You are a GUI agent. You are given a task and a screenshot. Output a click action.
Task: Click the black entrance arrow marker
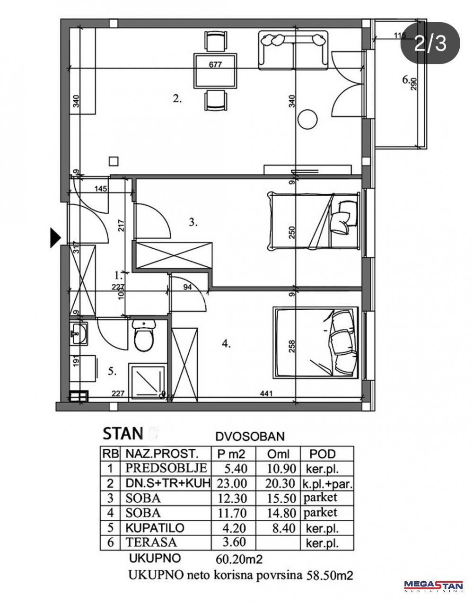tap(55, 237)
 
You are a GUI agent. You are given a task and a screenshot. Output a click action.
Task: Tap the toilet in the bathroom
tap(143, 335)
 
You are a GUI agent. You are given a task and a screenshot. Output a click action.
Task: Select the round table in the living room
tap(307, 119)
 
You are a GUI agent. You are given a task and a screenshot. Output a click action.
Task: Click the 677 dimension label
tap(215, 65)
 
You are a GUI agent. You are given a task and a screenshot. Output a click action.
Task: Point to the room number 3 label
tap(193, 222)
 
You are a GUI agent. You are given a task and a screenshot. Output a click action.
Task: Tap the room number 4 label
tap(226, 344)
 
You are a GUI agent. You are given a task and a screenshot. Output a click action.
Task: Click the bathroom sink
tap(79, 333)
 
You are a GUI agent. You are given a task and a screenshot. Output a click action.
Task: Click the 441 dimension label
tap(266, 393)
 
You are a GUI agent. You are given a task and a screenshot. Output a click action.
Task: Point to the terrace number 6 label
tap(406, 80)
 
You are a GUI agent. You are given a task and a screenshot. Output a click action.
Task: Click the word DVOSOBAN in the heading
tap(250, 437)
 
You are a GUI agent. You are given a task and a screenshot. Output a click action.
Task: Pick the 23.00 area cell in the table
tap(232, 483)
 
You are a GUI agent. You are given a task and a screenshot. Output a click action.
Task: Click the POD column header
tap(323, 454)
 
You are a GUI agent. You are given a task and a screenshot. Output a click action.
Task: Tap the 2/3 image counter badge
tap(430, 44)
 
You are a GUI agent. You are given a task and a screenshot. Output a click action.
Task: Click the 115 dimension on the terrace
tap(400, 35)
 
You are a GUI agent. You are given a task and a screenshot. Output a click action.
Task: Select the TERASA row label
tap(151, 542)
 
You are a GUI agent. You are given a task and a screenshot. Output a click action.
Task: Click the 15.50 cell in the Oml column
tap(281, 498)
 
